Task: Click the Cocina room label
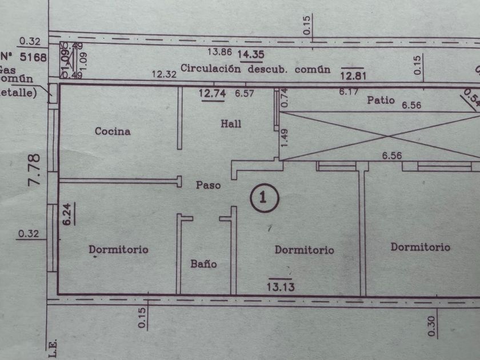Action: pyautogui.click(x=113, y=131)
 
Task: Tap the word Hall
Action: pyautogui.click(x=231, y=123)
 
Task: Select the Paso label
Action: pyautogui.click(x=208, y=185)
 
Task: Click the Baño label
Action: pyautogui.click(x=203, y=264)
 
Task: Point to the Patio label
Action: pyautogui.click(x=381, y=100)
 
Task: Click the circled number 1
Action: pyautogui.click(x=263, y=198)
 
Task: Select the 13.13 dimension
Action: pyautogui.click(x=281, y=287)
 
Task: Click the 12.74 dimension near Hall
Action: pyautogui.click(x=212, y=93)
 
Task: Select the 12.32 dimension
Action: pyautogui.click(x=165, y=73)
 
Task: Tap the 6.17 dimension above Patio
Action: pyautogui.click(x=348, y=91)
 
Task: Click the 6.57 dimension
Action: pyautogui.click(x=245, y=93)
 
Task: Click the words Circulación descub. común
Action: pyautogui.click(x=255, y=69)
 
